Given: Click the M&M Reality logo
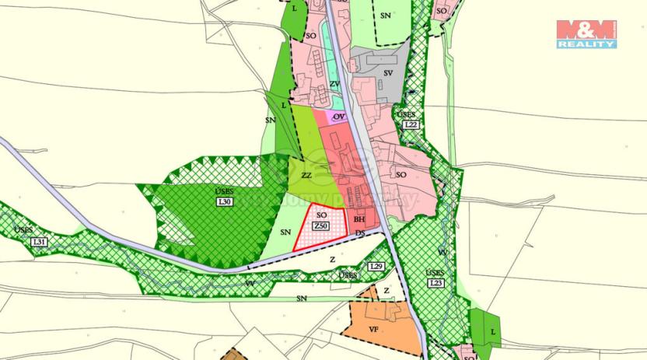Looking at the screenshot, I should [x=586, y=33].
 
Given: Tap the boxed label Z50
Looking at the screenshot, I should [x=320, y=225].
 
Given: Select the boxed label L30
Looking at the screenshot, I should [x=225, y=202].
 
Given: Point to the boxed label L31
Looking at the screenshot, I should [x=40, y=242].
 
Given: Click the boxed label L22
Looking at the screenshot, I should [x=411, y=124].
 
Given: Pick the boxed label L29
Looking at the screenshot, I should [x=377, y=267].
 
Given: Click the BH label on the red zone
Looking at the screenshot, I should [x=359, y=220].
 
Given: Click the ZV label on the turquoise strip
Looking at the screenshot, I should [x=334, y=84].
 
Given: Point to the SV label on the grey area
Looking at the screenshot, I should [x=388, y=73].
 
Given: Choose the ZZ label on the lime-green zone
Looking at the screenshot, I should [x=306, y=176].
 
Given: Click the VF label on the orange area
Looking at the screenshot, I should [x=372, y=329].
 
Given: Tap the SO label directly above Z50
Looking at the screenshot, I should [x=320, y=215].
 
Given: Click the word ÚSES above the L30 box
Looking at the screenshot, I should [x=224, y=191].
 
